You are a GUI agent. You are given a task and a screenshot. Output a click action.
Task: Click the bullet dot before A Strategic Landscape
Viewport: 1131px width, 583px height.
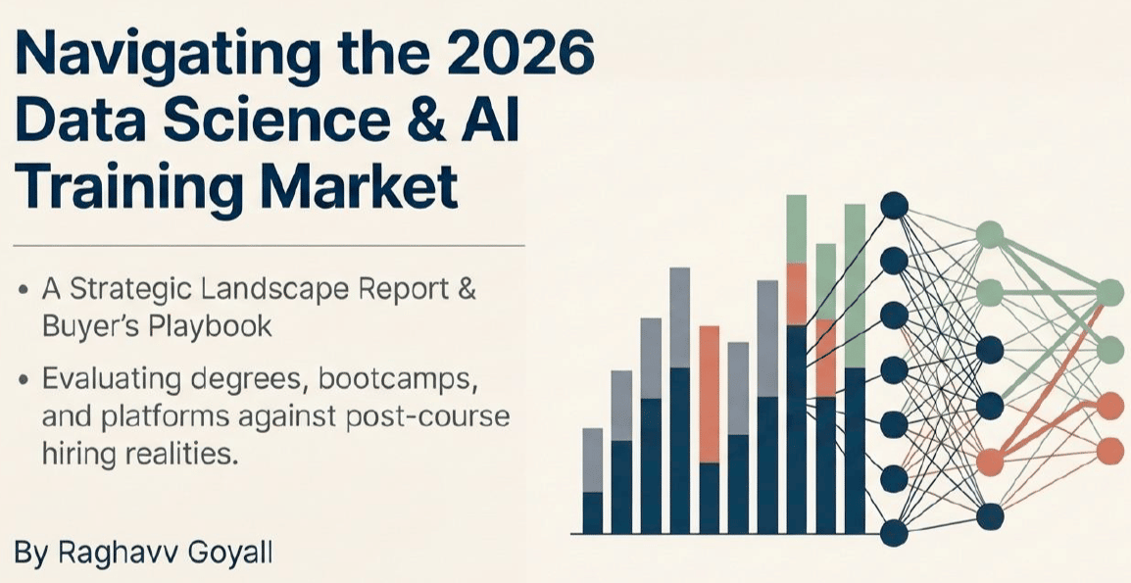(25, 292)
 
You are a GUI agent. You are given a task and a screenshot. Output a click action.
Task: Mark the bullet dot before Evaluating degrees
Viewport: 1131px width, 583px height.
(25, 379)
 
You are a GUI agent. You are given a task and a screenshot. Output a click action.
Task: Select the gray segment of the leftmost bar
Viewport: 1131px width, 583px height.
(592, 460)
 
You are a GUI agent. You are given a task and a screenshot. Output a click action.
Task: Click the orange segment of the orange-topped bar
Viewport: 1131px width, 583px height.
(710, 394)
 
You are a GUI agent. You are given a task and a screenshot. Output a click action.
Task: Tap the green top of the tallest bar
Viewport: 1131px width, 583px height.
(797, 228)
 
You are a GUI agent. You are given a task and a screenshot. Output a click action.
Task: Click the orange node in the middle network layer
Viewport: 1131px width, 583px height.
(990, 460)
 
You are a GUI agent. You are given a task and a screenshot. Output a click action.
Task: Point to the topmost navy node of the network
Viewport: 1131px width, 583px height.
(894, 205)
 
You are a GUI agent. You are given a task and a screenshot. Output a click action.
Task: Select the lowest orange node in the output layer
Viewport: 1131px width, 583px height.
(1110, 452)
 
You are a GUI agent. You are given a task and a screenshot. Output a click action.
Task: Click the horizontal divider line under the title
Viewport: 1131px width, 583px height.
(270, 246)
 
